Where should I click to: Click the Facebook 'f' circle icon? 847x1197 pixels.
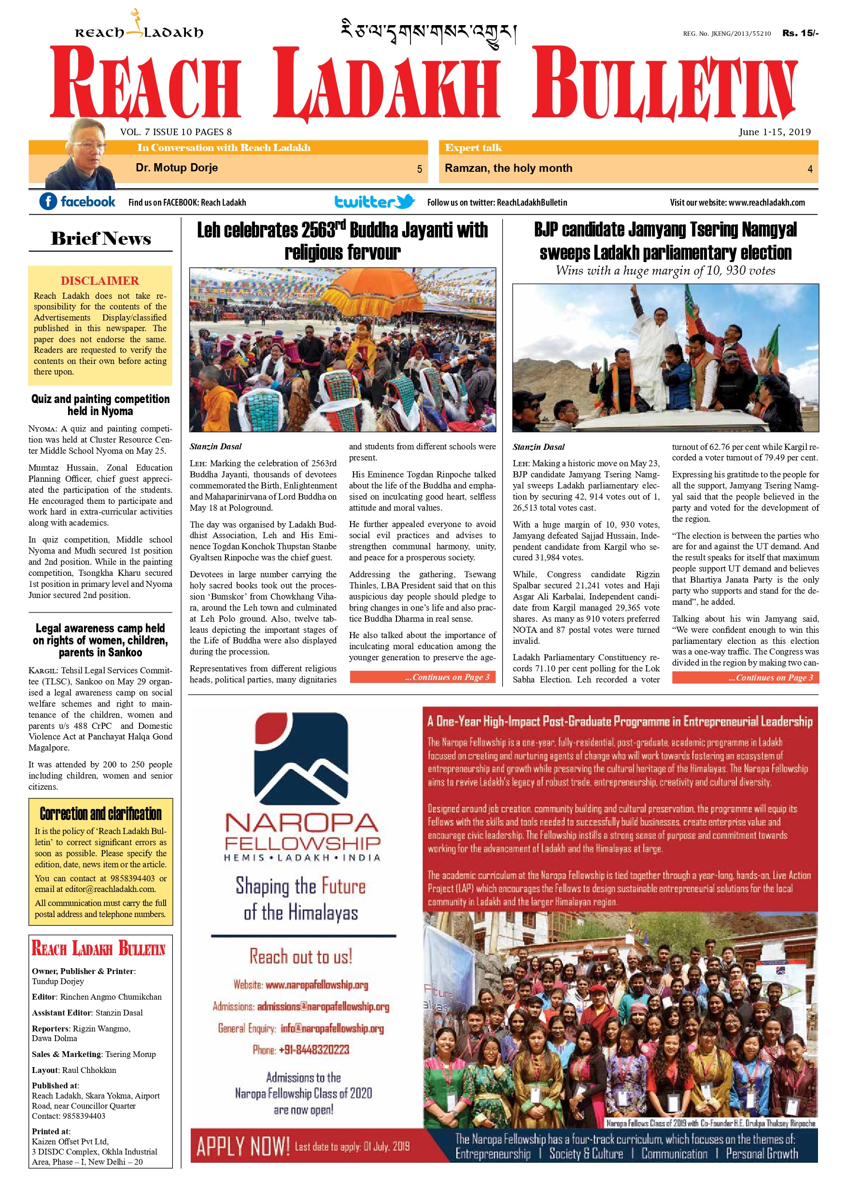[48, 201]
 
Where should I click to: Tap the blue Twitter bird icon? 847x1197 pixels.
[405, 201]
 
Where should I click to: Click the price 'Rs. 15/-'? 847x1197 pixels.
[800, 33]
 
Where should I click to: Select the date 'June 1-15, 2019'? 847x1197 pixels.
[774, 132]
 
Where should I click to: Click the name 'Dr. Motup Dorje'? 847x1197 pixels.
[176, 168]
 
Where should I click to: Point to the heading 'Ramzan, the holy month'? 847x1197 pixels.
[508, 168]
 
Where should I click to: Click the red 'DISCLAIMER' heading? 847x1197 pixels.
[99, 280]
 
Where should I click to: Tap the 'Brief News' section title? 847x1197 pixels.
[100, 239]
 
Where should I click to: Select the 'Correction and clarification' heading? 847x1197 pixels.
[100, 814]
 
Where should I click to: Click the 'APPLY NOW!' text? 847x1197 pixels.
[242, 1146]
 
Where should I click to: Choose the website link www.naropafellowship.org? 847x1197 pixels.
[317, 985]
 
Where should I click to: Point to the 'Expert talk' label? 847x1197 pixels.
[473, 148]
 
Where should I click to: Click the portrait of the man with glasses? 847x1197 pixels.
[83, 155]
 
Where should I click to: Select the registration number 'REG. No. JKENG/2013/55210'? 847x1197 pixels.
[727, 33]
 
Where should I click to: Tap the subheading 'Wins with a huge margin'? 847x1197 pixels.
[665, 271]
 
